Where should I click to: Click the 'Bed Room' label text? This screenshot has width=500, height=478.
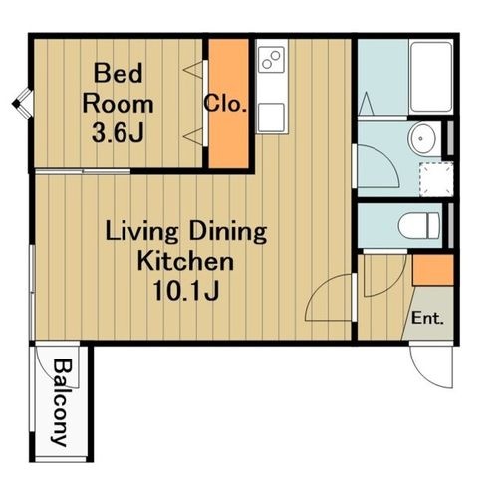(x=118, y=89)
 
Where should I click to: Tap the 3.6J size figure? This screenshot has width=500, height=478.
(x=118, y=132)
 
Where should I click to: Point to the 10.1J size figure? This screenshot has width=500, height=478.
(x=186, y=291)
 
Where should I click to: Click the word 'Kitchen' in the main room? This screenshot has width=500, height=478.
(x=185, y=261)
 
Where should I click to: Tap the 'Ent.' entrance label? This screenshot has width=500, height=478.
(x=427, y=318)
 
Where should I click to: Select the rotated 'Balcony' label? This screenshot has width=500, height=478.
(x=62, y=402)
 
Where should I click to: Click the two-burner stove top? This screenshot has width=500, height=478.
(x=272, y=60)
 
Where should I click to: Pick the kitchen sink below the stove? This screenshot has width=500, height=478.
(x=272, y=118)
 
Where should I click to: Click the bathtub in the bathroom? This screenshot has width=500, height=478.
(x=431, y=77)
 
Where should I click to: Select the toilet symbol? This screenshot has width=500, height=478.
(x=419, y=226)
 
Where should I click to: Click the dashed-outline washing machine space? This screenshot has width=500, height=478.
(x=436, y=179)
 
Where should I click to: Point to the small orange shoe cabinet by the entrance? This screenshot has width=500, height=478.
(x=433, y=270)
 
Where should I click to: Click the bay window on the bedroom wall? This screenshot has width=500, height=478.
(x=23, y=104)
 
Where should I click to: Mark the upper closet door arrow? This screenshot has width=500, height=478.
(x=193, y=70)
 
